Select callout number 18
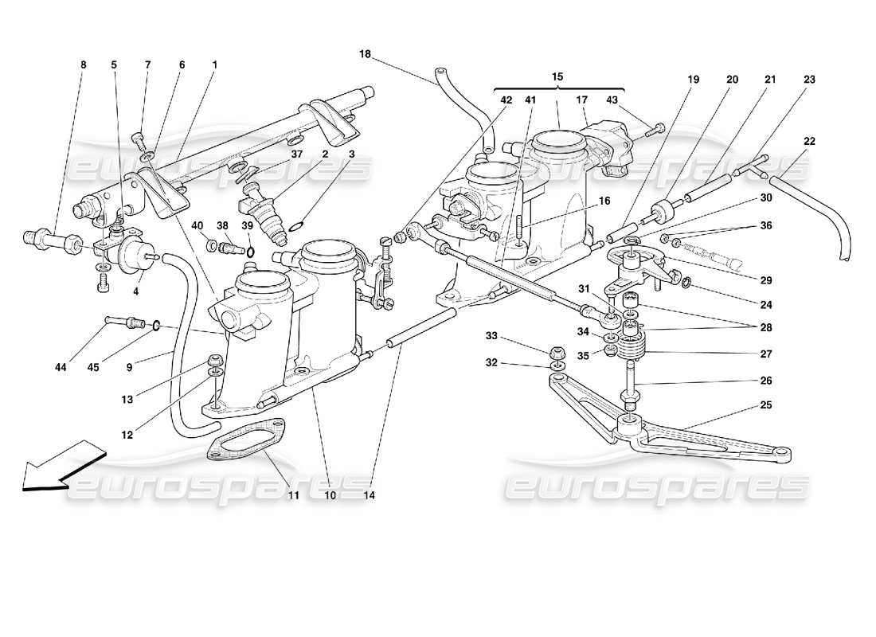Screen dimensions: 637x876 (365, 54)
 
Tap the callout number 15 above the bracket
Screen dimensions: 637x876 (557, 76)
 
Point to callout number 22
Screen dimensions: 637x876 (809, 142)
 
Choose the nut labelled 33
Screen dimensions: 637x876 (557, 351)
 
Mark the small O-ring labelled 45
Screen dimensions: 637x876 (157, 325)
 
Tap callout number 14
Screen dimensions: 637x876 (369, 494)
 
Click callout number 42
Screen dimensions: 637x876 (506, 100)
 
